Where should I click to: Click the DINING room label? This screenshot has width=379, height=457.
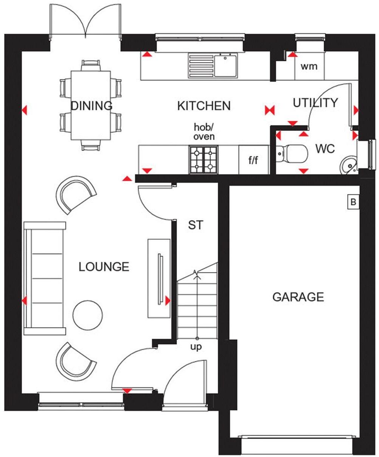(92, 106)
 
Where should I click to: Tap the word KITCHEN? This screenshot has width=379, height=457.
(204, 106)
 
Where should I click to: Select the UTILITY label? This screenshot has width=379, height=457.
(315, 103)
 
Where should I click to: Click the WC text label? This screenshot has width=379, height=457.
(325, 149)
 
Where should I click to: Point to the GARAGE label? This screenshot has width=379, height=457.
(298, 297)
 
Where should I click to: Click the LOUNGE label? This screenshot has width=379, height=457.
(104, 267)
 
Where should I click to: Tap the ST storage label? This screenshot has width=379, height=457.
(196, 225)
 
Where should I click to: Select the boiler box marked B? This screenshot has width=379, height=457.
(353, 202)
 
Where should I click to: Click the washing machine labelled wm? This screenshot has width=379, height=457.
(309, 67)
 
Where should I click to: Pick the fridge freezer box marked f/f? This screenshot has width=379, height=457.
(253, 160)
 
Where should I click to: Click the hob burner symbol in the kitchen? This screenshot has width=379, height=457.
(203, 160)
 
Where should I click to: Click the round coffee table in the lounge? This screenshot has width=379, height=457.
(88, 315)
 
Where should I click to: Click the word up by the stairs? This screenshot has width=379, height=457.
(196, 347)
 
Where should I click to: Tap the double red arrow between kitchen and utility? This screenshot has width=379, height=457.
(269, 110)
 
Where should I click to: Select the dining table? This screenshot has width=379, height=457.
(91, 105)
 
